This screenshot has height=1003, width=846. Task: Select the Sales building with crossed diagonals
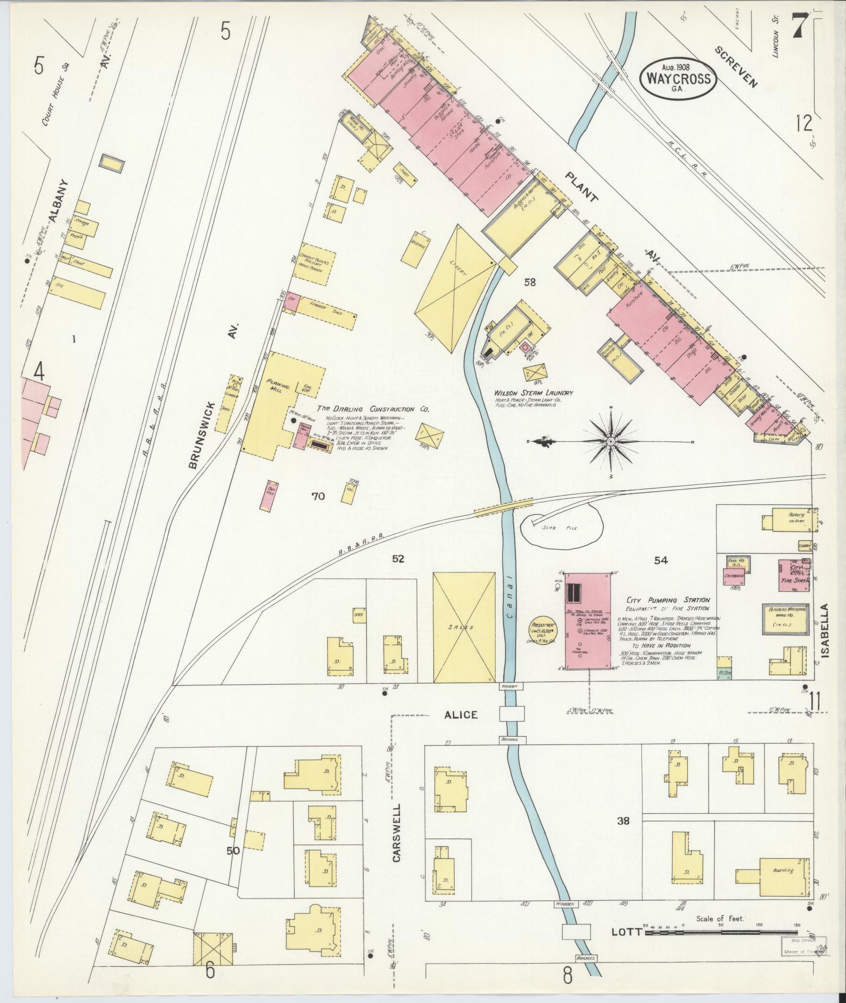464,627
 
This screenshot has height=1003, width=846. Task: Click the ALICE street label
461,715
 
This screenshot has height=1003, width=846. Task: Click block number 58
530,283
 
